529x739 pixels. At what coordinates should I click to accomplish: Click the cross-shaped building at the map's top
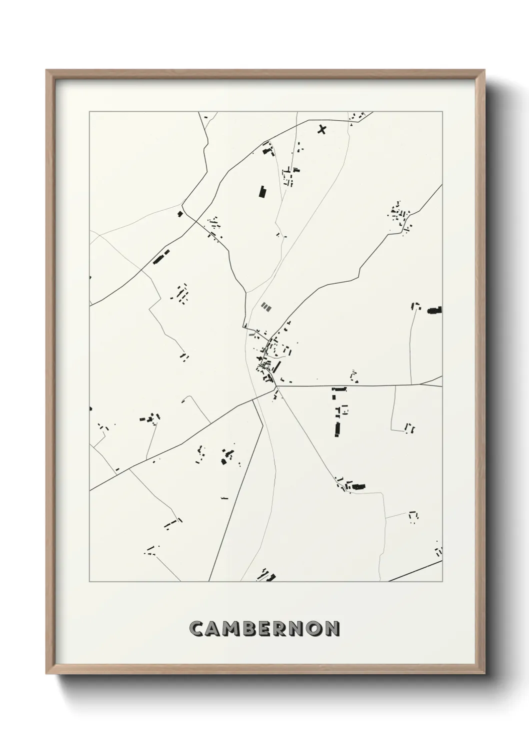tap(322, 130)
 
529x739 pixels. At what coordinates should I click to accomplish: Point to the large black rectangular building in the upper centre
tap(262, 192)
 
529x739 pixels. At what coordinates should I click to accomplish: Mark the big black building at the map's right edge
tap(434, 311)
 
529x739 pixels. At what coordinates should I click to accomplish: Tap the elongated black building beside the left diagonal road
tap(161, 257)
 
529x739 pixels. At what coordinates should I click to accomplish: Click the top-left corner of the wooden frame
tap(47, 70)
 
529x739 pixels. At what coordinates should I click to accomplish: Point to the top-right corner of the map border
tap(442, 112)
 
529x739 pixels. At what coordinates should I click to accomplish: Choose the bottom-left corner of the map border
tap(89, 581)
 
